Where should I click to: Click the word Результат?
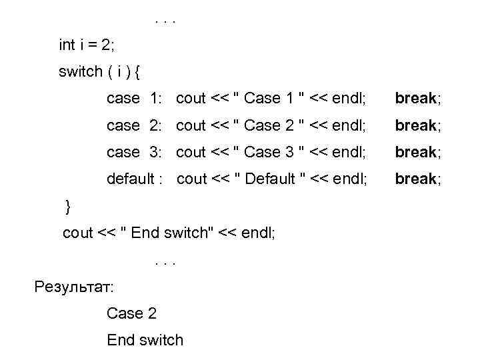point(73,288)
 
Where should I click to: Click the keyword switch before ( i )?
point(80,72)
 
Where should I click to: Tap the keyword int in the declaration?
point(67,45)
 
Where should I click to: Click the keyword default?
point(130,179)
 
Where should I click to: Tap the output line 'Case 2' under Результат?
point(131,313)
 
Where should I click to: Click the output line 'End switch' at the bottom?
point(145,340)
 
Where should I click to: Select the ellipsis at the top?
point(164,20)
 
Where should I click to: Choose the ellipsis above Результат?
point(164,261)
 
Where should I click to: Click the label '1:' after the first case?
point(156,99)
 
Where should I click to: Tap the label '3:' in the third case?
point(156,152)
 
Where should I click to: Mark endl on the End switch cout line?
point(259,233)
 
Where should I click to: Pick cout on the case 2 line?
point(191,125)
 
